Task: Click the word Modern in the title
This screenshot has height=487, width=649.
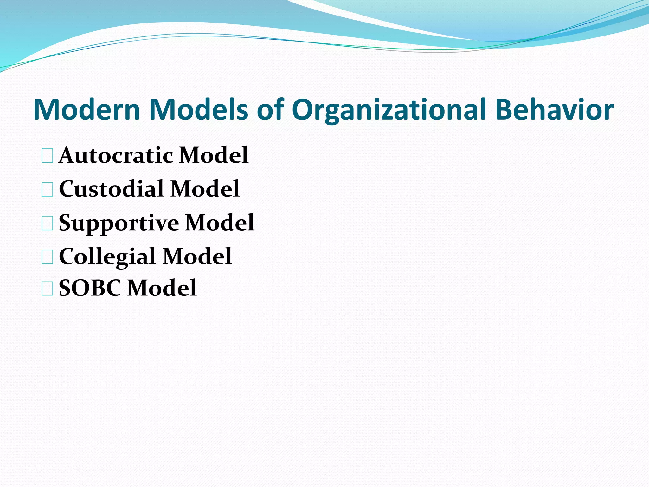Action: (87, 109)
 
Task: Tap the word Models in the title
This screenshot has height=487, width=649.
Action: (198, 109)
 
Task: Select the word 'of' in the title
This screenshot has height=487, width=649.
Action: (270, 109)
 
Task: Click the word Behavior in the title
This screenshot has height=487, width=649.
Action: (554, 109)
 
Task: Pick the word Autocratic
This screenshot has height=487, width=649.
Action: (116, 155)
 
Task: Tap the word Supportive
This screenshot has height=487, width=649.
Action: (119, 223)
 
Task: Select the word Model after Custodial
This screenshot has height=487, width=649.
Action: (205, 189)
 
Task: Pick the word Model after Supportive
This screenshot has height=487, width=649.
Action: (220, 223)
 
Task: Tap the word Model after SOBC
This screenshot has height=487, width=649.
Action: (162, 288)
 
